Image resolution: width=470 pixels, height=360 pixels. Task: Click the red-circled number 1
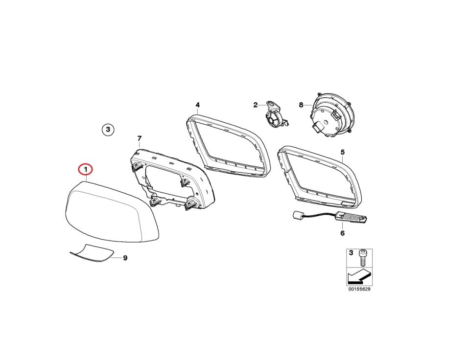click(x=85, y=170)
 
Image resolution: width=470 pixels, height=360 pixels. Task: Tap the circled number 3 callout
click(x=108, y=130)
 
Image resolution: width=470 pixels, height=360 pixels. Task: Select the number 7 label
click(x=139, y=138)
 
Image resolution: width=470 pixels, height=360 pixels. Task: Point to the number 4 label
click(x=197, y=105)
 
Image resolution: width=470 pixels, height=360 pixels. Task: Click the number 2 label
click(x=256, y=105)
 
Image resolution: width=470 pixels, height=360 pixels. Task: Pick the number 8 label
click(x=301, y=105)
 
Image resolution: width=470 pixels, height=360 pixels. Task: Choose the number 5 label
click(x=343, y=152)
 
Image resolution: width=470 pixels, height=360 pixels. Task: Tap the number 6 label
click(x=343, y=233)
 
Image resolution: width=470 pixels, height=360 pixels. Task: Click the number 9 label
click(x=125, y=258)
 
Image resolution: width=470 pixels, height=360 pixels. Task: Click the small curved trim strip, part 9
click(x=92, y=253)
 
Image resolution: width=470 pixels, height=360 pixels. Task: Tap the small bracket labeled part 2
click(x=274, y=115)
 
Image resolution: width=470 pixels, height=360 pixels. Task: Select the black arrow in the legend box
click(x=359, y=275)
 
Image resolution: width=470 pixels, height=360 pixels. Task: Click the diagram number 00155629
click(x=359, y=289)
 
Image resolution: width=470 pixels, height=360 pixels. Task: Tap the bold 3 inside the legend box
click(x=351, y=253)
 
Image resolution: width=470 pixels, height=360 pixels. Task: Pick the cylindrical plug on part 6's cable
click(x=297, y=215)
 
